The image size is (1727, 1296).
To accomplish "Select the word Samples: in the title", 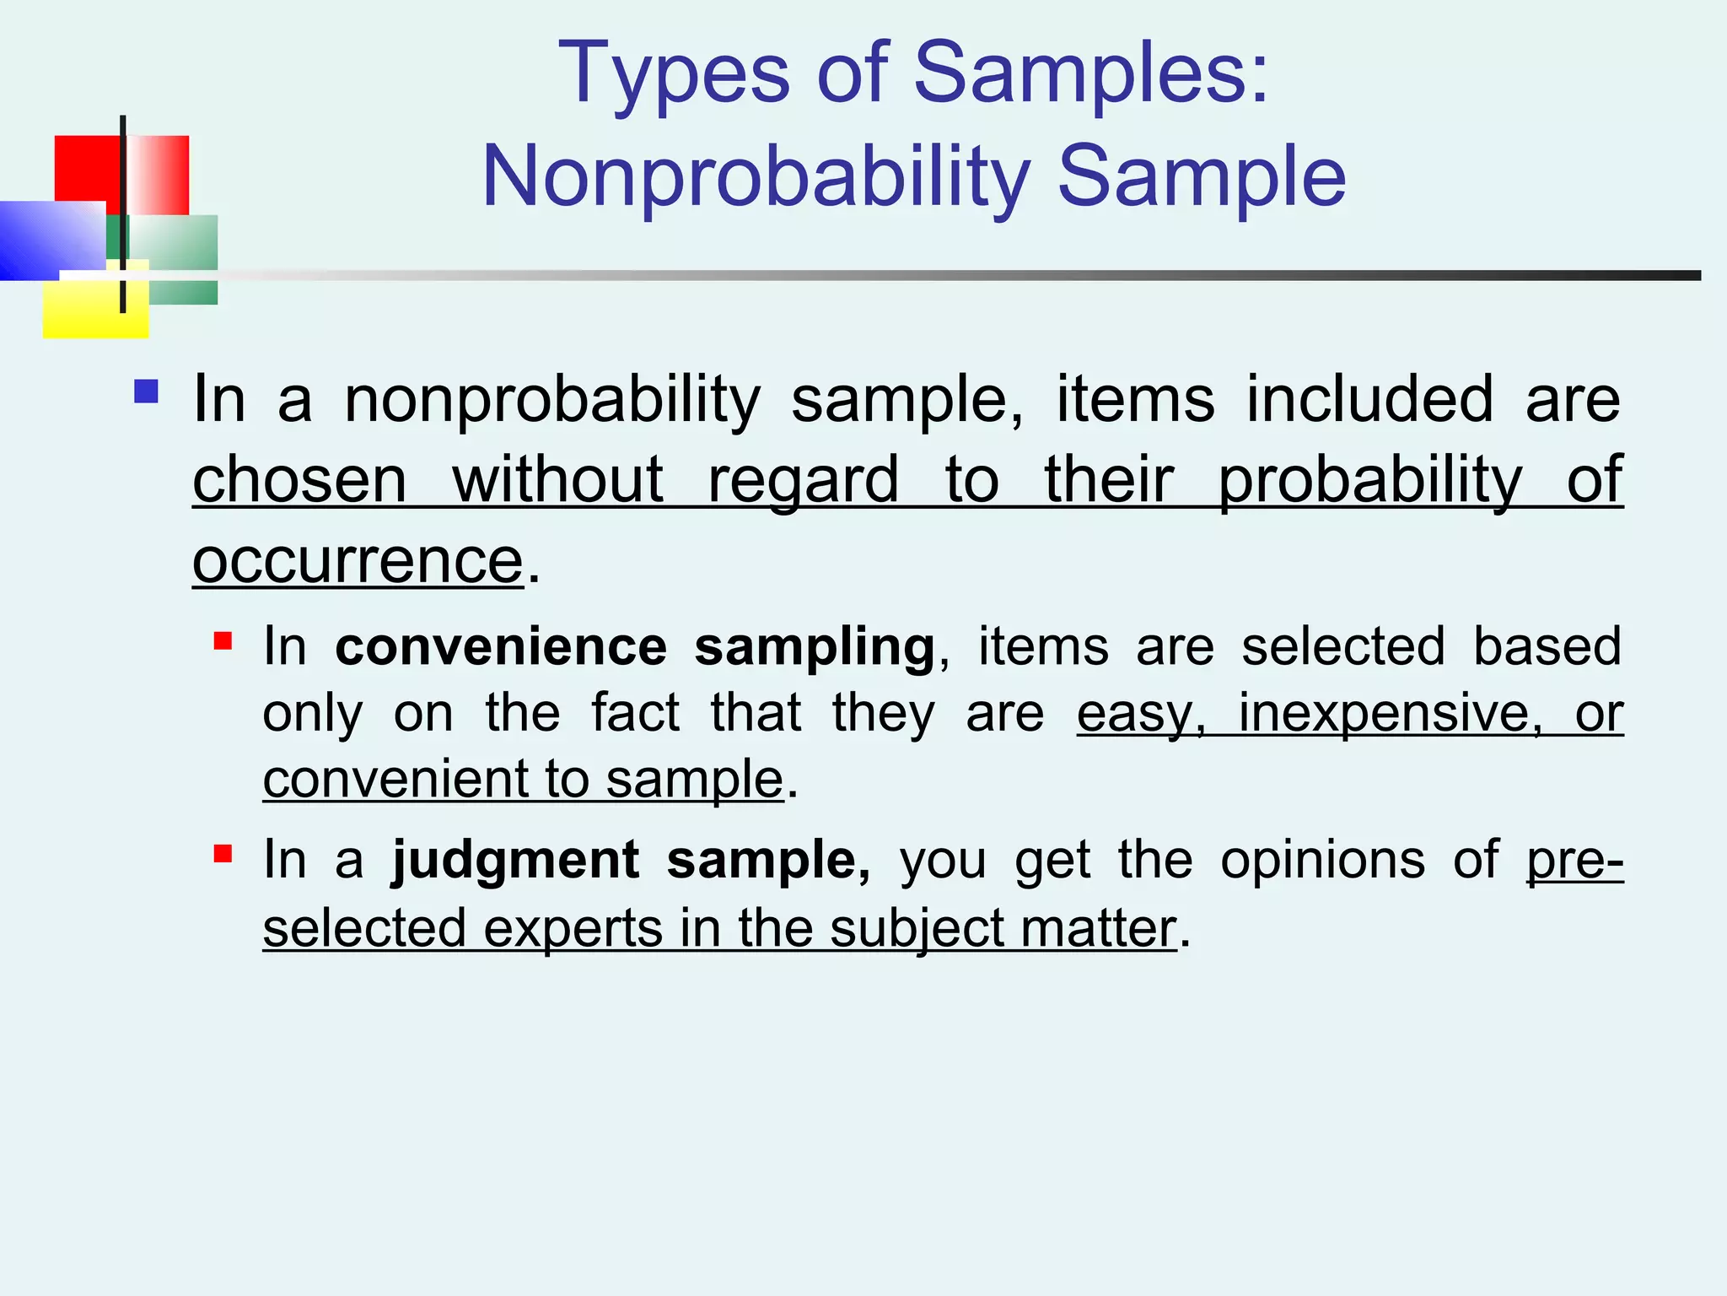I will pos(1091,74).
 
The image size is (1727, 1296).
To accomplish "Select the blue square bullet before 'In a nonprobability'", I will pos(146,391).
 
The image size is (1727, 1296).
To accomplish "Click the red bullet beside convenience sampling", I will pos(223,641).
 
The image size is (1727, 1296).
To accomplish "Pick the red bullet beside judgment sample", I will pos(223,855).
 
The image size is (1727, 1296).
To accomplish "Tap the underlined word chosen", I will pos(300,480).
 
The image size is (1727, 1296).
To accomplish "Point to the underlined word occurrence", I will pos(358,561).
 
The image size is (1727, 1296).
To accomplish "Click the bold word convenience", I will pos(501,647).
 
